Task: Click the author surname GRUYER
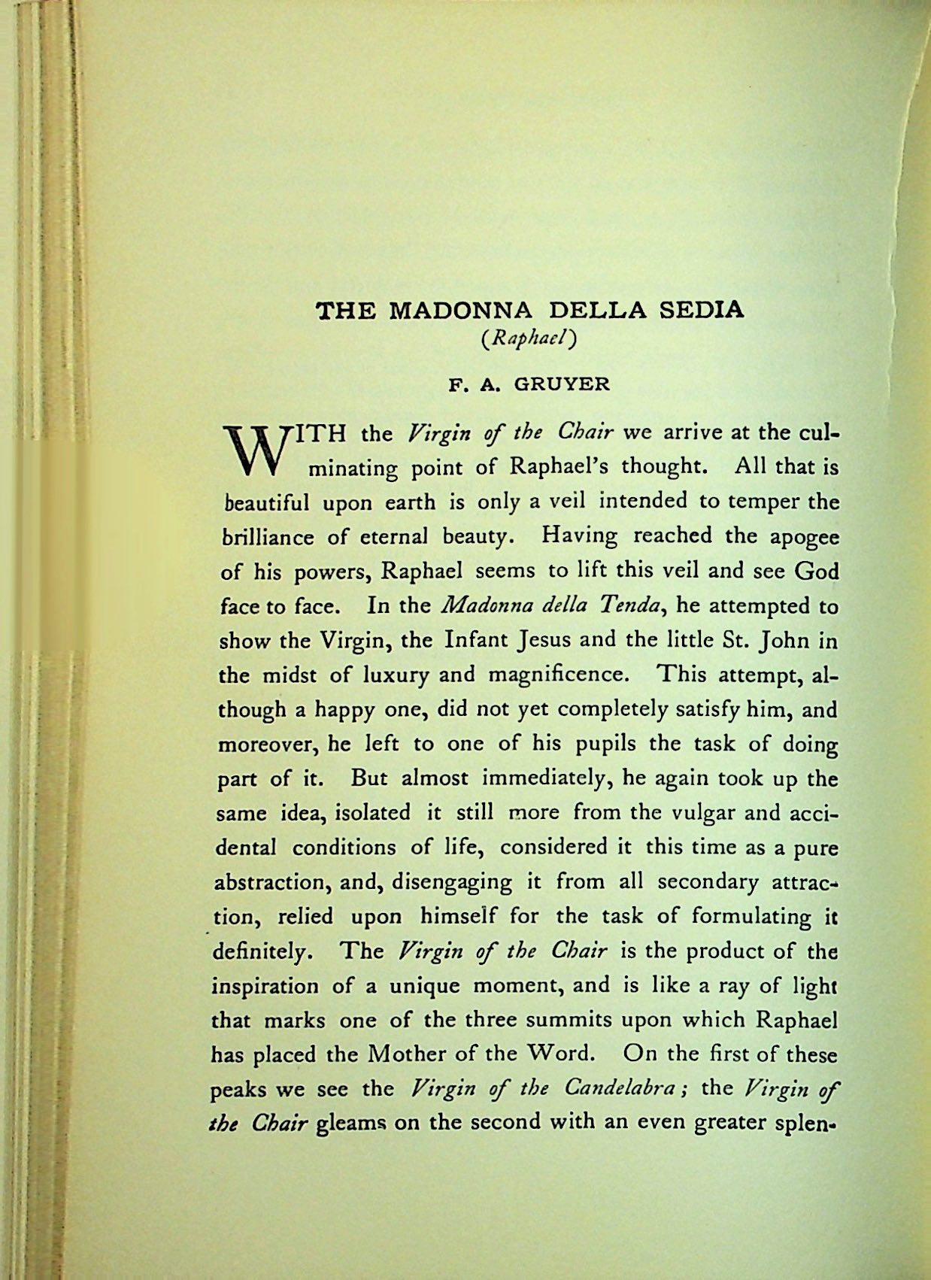[x=561, y=384]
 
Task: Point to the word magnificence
[x=557, y=675]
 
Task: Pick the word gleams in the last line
[x=350, y=1124]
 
